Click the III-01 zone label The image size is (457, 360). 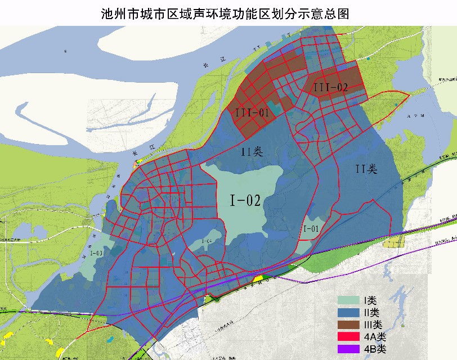[x=251, y=113]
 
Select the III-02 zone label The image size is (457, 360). [x=330, y=87]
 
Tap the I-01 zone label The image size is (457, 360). [x=311, y=229]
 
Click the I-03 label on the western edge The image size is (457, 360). [x=96, y=253]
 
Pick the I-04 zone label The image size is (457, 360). [x=206, y=242]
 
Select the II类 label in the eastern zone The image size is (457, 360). [x=366, y=169]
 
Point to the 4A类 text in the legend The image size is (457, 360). [x=375, y=337]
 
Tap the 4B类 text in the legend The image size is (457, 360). [x=375, y=349]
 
